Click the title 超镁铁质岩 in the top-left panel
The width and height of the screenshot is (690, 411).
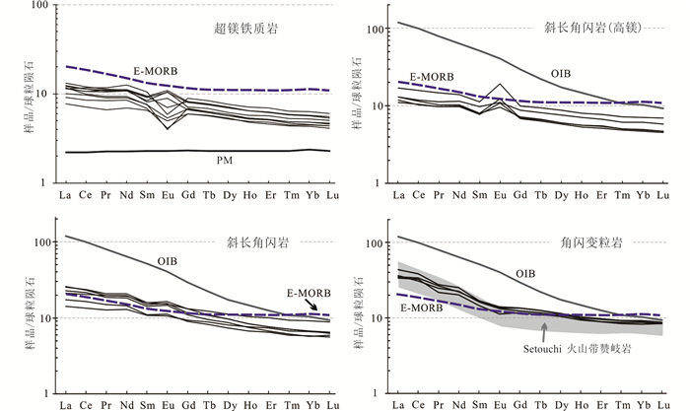pos(244,31)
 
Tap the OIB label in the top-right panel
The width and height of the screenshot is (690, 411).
pos(559,72)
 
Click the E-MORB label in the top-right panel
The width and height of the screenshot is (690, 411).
pos(432,76)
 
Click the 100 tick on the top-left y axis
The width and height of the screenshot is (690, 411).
pos(39,6)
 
